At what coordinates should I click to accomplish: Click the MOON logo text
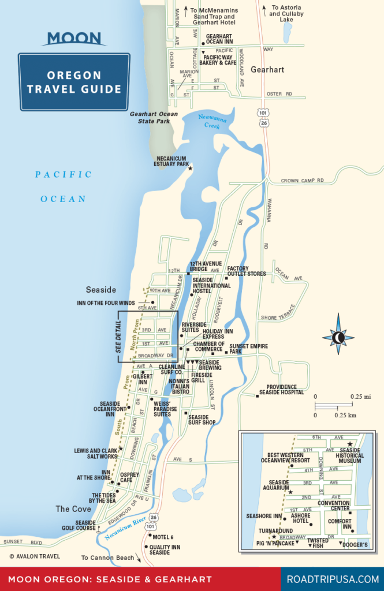tap(74, 39)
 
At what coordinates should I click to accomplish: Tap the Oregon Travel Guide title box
tap(74, 82)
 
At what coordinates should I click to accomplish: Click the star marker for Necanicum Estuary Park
tap(190, 168)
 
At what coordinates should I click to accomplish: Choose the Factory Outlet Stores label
tap(247, 271)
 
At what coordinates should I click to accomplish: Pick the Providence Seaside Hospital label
tap(285, 390)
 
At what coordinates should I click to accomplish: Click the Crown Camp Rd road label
tap(303, 181)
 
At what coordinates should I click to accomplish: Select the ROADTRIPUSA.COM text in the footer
tap(333, 579)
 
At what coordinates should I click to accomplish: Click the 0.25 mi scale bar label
tap(360, 397)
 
